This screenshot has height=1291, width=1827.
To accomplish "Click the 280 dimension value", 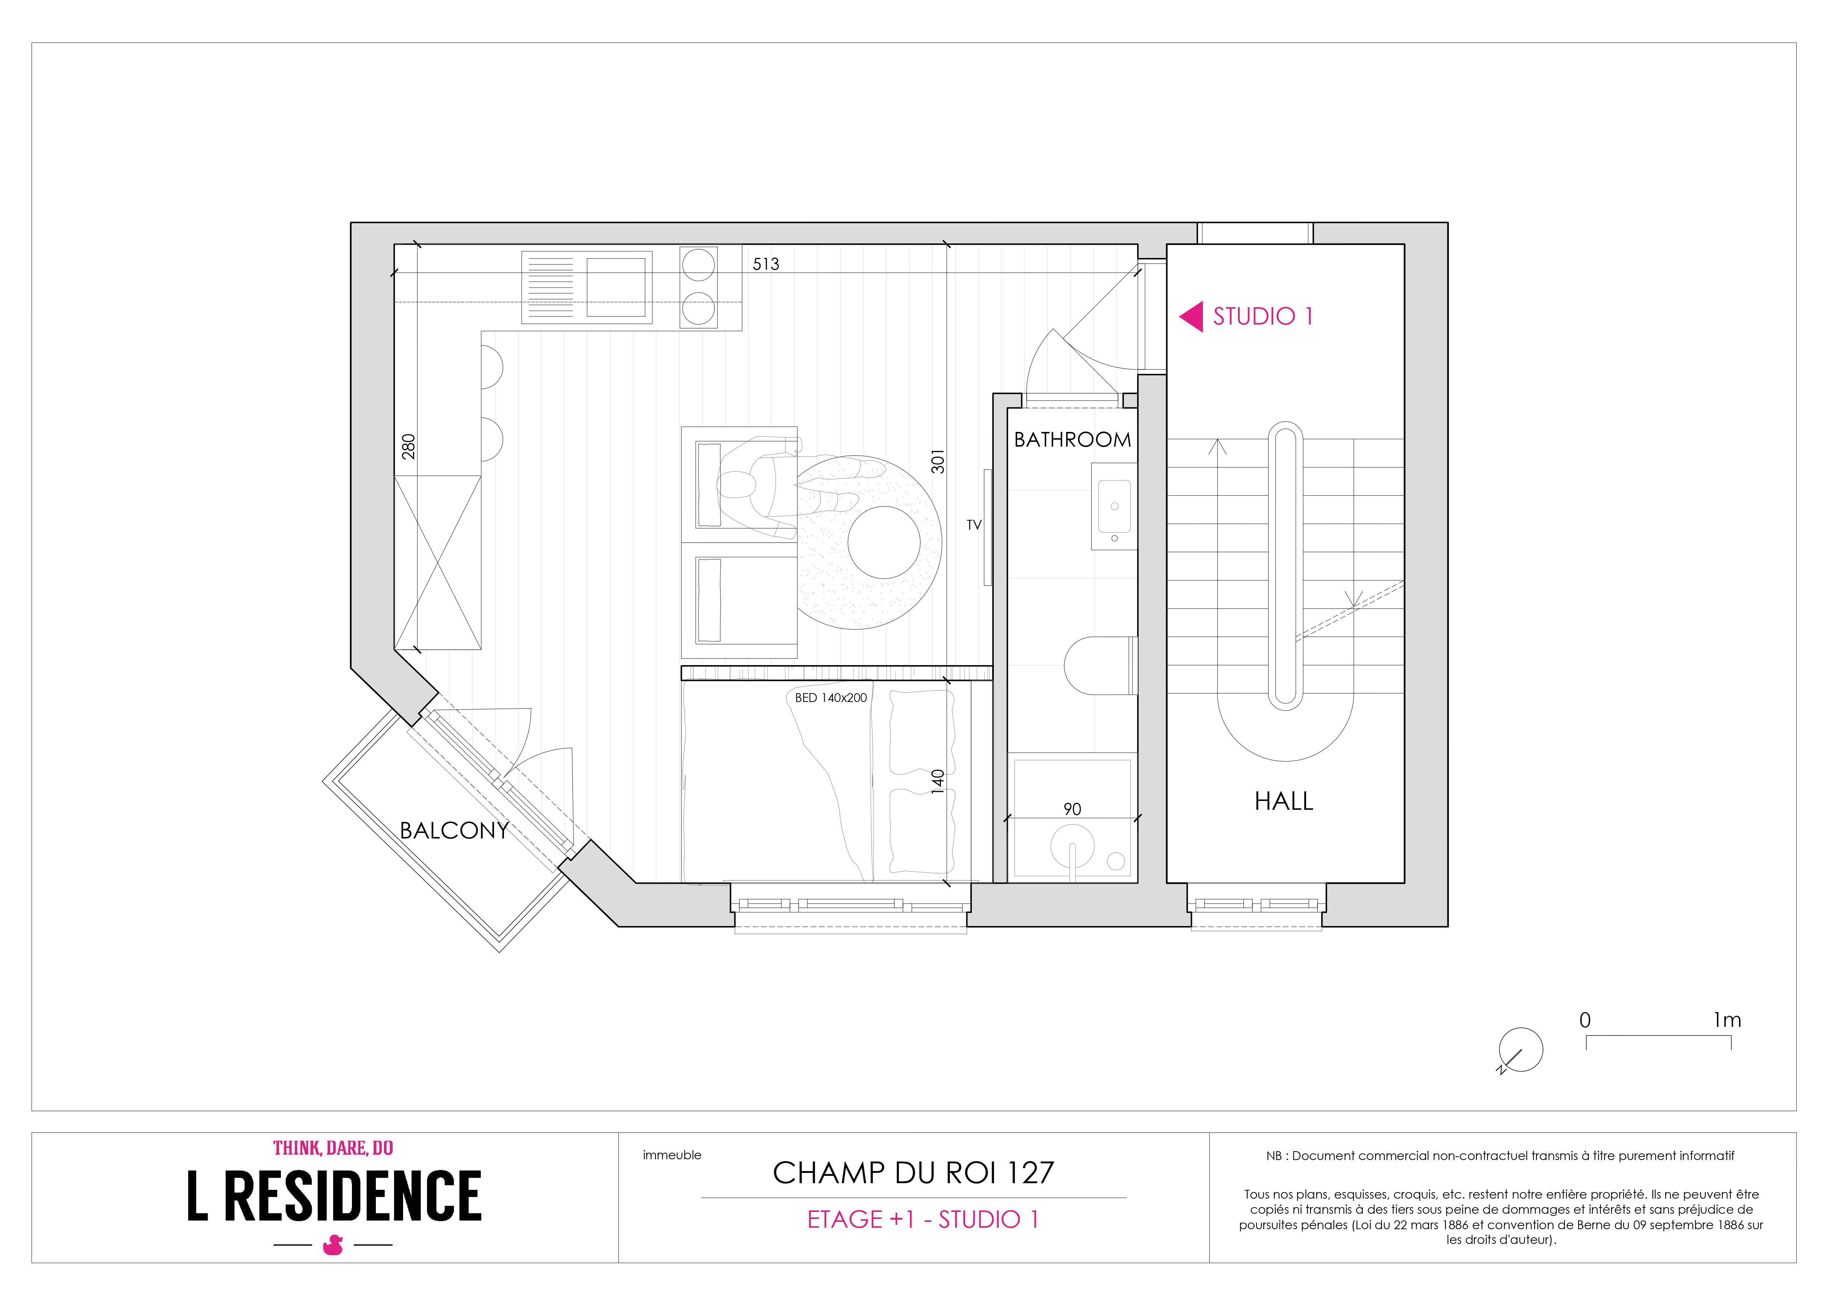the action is [408, 446].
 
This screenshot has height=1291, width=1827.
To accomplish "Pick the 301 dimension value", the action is [938, 461].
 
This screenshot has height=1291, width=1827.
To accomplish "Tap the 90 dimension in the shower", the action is [1072, 809].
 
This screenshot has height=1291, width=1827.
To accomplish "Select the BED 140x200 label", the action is [831, 698].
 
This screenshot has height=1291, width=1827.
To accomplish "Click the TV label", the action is [974, 525].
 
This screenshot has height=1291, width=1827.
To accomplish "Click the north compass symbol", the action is [1520, 1050].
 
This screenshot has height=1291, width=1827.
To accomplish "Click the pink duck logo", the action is [333, 1245].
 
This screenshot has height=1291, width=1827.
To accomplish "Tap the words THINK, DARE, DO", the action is [334, 1148].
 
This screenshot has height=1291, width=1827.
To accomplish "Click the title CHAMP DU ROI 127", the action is [914, 1173].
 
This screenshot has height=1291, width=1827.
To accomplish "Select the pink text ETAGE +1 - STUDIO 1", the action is [923, 1219].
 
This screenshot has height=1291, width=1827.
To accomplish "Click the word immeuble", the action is [673, 1155].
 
